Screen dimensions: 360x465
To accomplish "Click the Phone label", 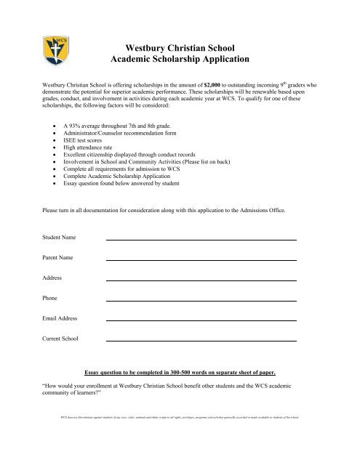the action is (x=49, y=299).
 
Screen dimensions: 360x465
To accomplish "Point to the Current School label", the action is (x=60, y=339).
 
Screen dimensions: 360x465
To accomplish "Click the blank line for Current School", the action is (x=201, y=340).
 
